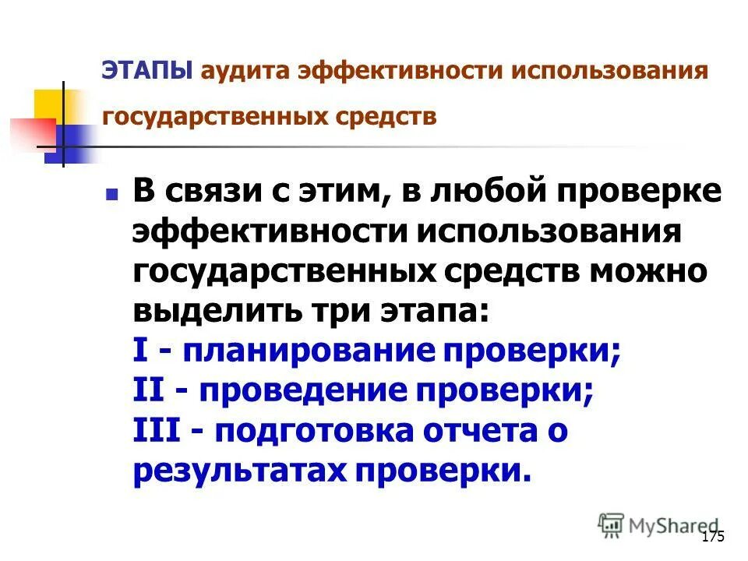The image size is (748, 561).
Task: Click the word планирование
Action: click(x=309, y=352)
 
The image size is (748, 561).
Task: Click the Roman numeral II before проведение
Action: click(x=150, y=392)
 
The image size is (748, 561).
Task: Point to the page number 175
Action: click(x=713, y=537)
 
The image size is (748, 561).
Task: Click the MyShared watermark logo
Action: click(x=658, y=526)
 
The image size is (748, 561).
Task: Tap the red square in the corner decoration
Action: click(x=31, y=132)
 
